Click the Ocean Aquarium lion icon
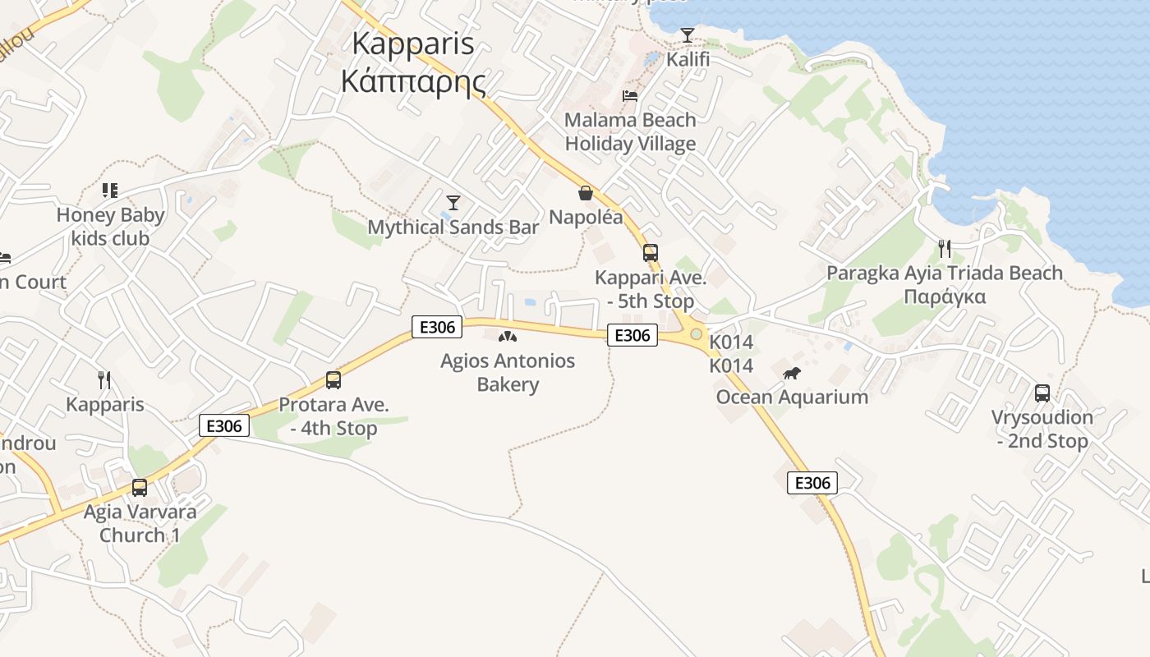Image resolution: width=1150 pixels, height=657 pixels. click(792, 374)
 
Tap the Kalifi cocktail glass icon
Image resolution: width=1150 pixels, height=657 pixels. click(688, 35)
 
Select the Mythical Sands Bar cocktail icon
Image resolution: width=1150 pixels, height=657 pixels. click(453, 202)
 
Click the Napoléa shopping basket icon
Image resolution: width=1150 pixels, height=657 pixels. click(586, 193)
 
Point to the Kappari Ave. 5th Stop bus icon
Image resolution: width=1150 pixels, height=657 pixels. click(651, 253)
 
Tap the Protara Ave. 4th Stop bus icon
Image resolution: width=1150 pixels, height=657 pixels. click(333, 380)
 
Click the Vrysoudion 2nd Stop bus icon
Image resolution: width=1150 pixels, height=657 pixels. click(1042, 393)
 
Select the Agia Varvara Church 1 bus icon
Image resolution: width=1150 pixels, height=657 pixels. click(140, 488)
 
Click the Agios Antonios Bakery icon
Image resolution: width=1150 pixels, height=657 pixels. click(508, 336)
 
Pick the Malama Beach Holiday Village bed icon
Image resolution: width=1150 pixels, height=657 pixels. click(630, 96)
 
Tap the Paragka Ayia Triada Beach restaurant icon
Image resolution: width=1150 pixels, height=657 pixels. click(945, 248)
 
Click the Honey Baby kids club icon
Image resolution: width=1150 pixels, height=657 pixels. click(110, 191)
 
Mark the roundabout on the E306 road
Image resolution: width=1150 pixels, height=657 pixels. click(697, 334)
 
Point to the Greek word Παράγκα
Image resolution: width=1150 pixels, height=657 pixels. click(945, 296)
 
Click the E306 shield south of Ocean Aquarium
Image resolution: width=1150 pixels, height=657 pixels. click(812, 483)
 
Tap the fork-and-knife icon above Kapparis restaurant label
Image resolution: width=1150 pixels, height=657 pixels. click(104, 380)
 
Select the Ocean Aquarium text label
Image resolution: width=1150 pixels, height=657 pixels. click(792, 397)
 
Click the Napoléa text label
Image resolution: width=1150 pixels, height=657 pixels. click(586, 218)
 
